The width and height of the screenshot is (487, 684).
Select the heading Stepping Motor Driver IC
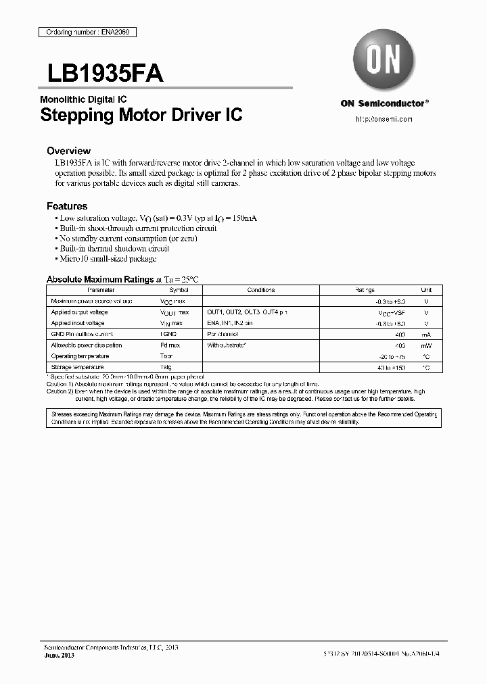coord(141,115)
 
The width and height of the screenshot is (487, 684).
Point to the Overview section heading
coord(68,151)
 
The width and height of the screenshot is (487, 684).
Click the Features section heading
coord(67,206)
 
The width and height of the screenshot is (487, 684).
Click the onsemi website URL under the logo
coord(384,119)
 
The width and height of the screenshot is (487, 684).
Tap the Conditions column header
coord(260,290)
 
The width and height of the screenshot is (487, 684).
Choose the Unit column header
coord(426,290)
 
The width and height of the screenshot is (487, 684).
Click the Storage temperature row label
coord(77,367)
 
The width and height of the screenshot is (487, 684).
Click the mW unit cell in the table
coord(426,345)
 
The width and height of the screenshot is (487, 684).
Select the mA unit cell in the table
coord(426,334)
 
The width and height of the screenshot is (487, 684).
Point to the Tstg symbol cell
coord(166,367)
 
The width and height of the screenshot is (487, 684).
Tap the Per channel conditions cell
coord(223,334)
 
